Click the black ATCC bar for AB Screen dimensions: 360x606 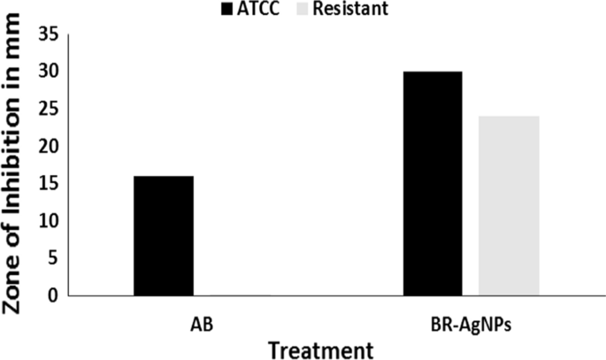164,235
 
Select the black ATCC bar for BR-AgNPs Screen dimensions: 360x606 433,183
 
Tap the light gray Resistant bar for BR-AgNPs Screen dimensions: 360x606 508,205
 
